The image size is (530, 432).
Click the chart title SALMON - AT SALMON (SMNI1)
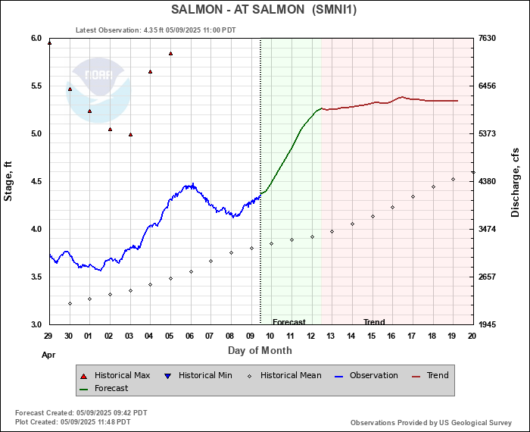tap(263, 10)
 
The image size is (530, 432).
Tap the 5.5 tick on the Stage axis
tap(35, 86)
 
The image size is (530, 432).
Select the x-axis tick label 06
tap(190, 336)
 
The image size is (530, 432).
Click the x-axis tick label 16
tap(391, 336)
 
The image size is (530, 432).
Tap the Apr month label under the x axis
tap(48, 354)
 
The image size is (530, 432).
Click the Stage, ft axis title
tap(9, 181)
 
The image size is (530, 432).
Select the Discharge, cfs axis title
tap(516, 181)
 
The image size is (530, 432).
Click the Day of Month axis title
tap(260, 351)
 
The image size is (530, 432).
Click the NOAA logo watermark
tap(99, 89)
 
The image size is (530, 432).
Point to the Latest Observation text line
tap(156, 30)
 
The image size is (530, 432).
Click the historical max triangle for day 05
tap(170, 54)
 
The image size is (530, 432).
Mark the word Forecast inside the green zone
tap(288, 322)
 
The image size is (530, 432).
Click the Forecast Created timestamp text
tap(81, 413)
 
